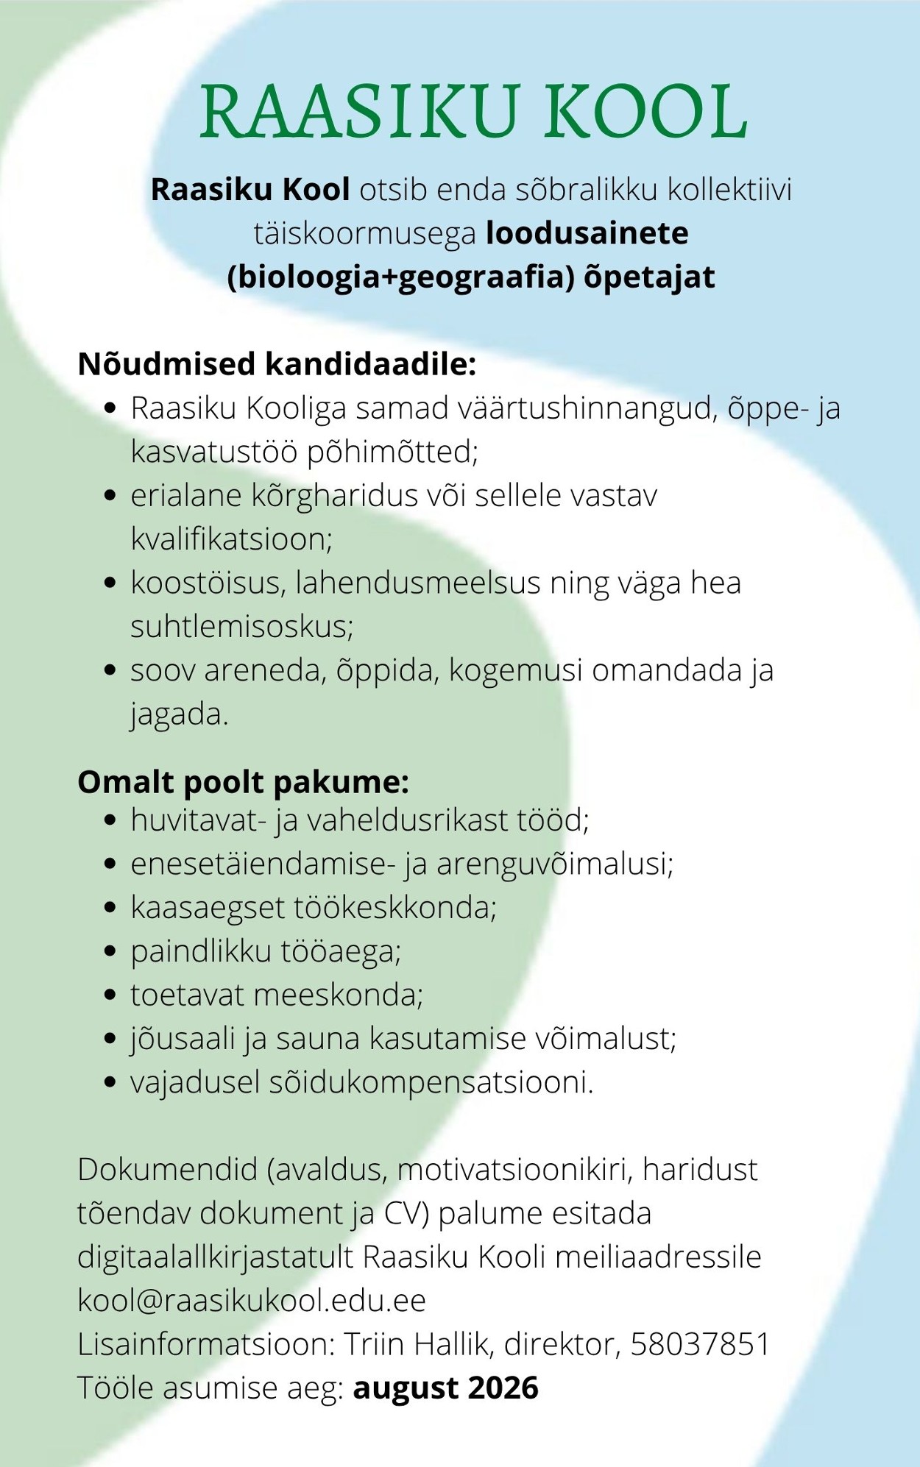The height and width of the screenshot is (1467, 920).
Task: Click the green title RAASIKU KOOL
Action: (x=474, y=112)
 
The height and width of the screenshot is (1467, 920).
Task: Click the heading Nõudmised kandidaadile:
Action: (x=277, y=364)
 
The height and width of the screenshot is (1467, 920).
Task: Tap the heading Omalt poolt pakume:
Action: (x=243, y=781)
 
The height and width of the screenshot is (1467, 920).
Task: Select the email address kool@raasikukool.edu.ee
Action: (x=252, y=1301)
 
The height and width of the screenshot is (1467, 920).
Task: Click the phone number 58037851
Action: (x=700, y=1344)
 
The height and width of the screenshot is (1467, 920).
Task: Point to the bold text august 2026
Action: (x=446, y=1388)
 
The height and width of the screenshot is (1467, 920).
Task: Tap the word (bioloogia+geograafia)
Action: (x=401, y=277)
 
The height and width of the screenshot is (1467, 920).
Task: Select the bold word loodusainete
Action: (x=587, y=233)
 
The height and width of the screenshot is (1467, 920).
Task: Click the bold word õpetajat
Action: (x=649, y=277)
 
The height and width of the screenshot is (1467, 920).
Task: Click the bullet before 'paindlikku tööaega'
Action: (x=110, y=951)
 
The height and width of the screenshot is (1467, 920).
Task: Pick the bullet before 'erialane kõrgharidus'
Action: (x=110, y=496)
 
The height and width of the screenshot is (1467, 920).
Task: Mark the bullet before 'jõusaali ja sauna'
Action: (x=110, y=1039)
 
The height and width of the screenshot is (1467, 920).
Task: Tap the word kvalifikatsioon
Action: (x=230, y=539)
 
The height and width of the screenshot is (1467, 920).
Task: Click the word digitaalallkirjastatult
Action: (x=216, y=1257)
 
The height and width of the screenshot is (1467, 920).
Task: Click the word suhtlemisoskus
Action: (x=241, y=627)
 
